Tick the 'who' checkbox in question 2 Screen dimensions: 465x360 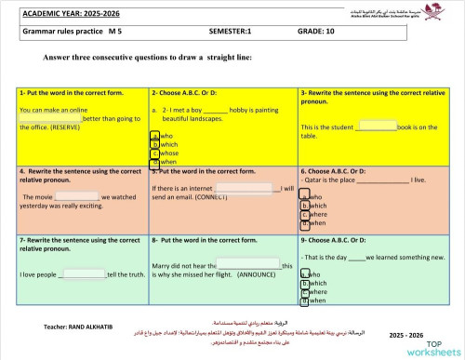pyautogui.click(x=154, y=136)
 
